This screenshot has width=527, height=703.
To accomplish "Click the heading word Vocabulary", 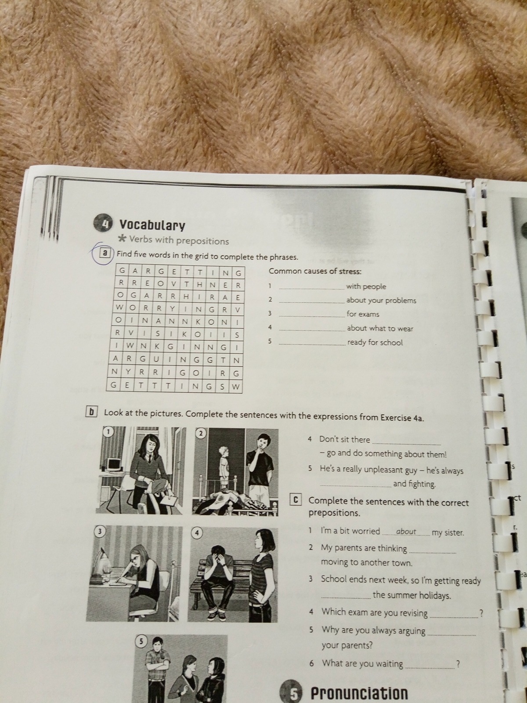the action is click(x=152, y=225).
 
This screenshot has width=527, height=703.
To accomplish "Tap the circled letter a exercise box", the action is click(x=105, y=253).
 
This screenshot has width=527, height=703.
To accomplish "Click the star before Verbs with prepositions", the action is click(x=122, y=238).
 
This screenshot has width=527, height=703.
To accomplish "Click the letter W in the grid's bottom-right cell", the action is click(x=235, y=387).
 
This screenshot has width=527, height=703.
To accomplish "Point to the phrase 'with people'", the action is click(x=366, y=286).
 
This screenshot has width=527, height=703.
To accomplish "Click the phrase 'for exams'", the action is click(x=363, y=314).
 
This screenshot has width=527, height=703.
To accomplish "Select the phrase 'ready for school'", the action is click(x=375, y=342).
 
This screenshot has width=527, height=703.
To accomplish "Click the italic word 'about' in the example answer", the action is click(x=406, y=531).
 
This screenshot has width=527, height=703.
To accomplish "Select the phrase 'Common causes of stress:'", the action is click(x=315, y=271).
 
